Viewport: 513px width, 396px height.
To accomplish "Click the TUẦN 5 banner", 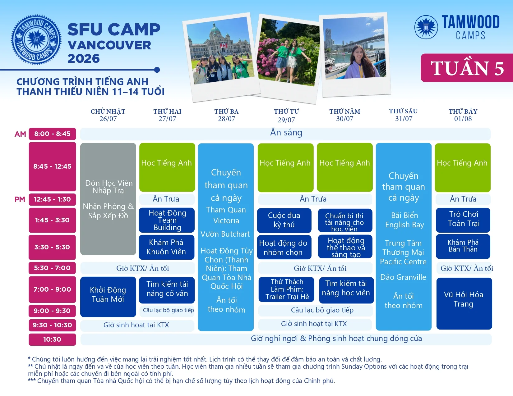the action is click(x=467, y=68).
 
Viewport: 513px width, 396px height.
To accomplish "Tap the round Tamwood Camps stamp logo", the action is click(x=36, y=40).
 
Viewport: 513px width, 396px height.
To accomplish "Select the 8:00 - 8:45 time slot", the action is click(x=53, y=134).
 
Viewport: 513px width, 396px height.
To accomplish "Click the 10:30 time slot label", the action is click(x=53, y=339).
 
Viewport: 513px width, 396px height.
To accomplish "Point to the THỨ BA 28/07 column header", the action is click(x=226, y=115).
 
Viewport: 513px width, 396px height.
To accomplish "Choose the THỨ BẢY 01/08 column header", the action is click(x=463, y=115).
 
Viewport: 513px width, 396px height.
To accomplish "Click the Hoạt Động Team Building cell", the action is click(x=167, y=220).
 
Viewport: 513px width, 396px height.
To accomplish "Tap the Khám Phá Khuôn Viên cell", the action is click(x=166, y=247).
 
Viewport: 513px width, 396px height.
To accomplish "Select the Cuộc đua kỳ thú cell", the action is click(x=284, y=220).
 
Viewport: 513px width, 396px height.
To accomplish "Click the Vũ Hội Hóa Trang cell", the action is click(x=464, y=303).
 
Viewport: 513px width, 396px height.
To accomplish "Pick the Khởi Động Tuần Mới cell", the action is click(x=108, y=297).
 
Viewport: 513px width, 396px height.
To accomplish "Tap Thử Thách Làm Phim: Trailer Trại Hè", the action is click(x=287, y=289).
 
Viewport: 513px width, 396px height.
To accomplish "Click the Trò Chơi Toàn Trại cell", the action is click(x=463, y=220).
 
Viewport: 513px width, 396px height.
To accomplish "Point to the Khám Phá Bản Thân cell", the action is click(x=463, y=247).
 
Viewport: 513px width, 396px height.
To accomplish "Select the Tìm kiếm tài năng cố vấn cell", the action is click(x=167, y=290).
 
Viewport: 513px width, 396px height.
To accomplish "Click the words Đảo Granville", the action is click(x=403, y=277).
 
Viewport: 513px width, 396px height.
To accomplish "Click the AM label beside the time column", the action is click(x=20, y=134).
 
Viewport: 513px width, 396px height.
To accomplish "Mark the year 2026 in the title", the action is click(x=84, y=58).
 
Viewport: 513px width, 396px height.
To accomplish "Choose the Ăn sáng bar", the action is click(x=285, y=134).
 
